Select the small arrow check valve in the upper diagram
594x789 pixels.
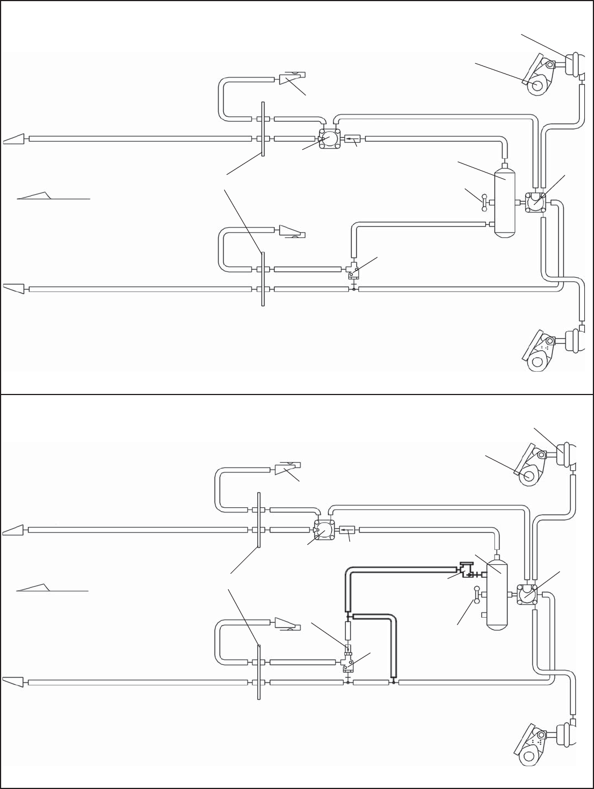(353, 138)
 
